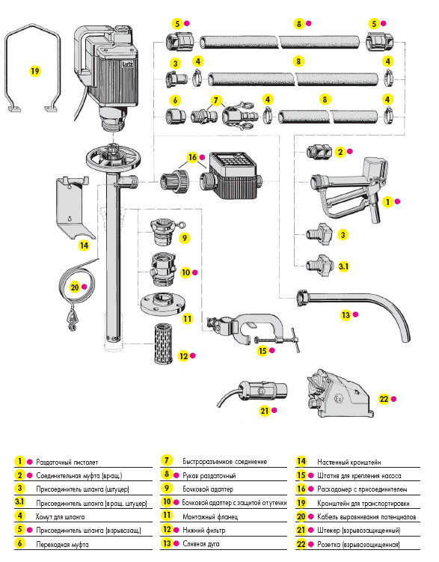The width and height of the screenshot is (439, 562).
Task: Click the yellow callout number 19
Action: pos(34,71)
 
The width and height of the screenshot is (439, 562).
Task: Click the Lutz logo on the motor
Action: pos(127,64)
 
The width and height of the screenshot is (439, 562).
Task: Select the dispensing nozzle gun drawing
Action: pos(349,189)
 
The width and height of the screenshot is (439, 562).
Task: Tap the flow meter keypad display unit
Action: pos(230,175)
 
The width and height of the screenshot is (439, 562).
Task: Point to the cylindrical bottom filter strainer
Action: pos(163,343)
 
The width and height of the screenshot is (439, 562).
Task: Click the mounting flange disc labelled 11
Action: pos(162,303)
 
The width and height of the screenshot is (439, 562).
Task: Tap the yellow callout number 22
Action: pos(384,399)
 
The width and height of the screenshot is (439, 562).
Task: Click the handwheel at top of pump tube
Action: pos(113,157)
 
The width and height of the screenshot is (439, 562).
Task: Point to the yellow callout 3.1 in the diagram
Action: pos(343,266)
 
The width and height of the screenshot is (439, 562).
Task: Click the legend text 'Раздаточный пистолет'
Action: pos(67,462)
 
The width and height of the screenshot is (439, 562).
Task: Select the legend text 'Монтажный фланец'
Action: pos(210,517)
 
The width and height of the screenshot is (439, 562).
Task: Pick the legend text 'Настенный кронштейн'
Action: pos(349,462)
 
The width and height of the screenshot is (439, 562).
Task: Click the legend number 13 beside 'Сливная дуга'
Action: pos(167,543)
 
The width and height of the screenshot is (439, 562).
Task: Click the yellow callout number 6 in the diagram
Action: pos(175,100)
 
